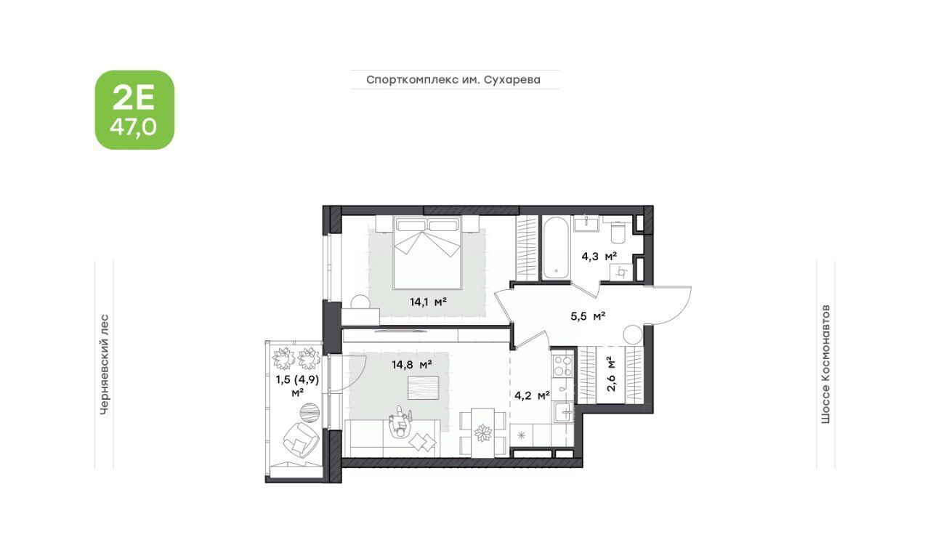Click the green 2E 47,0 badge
click(135, 110)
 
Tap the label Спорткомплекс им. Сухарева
click(453, 79)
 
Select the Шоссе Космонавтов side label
click(825, 364)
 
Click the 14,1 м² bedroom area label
click(428, 302)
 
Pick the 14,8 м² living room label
click(412, 365)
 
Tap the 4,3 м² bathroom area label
click(599, 257)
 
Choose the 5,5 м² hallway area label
click(588, 317)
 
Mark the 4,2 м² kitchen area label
click(533, 395)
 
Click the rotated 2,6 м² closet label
click(611, 374)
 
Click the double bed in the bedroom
click(428, 251)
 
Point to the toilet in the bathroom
click(618, 232)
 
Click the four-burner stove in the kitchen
click(563, 366)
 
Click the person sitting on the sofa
click(400, 423)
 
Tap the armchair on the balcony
click(301, 440)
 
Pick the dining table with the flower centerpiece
click(483, 433)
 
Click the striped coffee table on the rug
click(423, 387)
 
